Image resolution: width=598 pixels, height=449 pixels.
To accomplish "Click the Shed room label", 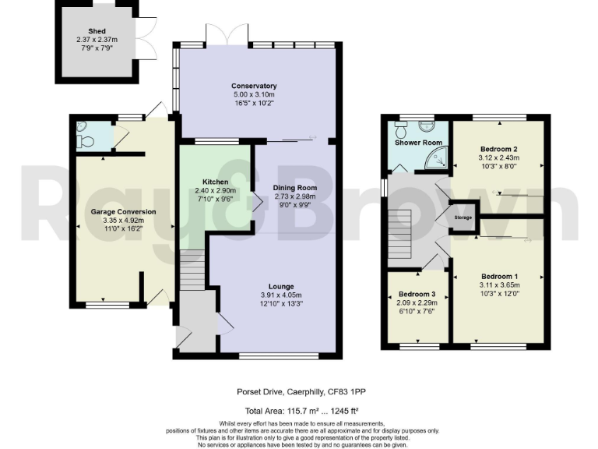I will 97,31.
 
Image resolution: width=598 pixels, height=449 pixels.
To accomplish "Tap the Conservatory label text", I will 254,86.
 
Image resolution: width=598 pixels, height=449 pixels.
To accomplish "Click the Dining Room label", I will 295,188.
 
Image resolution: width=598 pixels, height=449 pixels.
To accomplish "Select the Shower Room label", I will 418,143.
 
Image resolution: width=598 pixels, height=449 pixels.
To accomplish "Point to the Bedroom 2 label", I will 499,148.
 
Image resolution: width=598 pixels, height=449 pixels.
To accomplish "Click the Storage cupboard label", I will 463,217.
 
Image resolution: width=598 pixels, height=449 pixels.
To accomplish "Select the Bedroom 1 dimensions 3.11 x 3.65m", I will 499,285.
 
